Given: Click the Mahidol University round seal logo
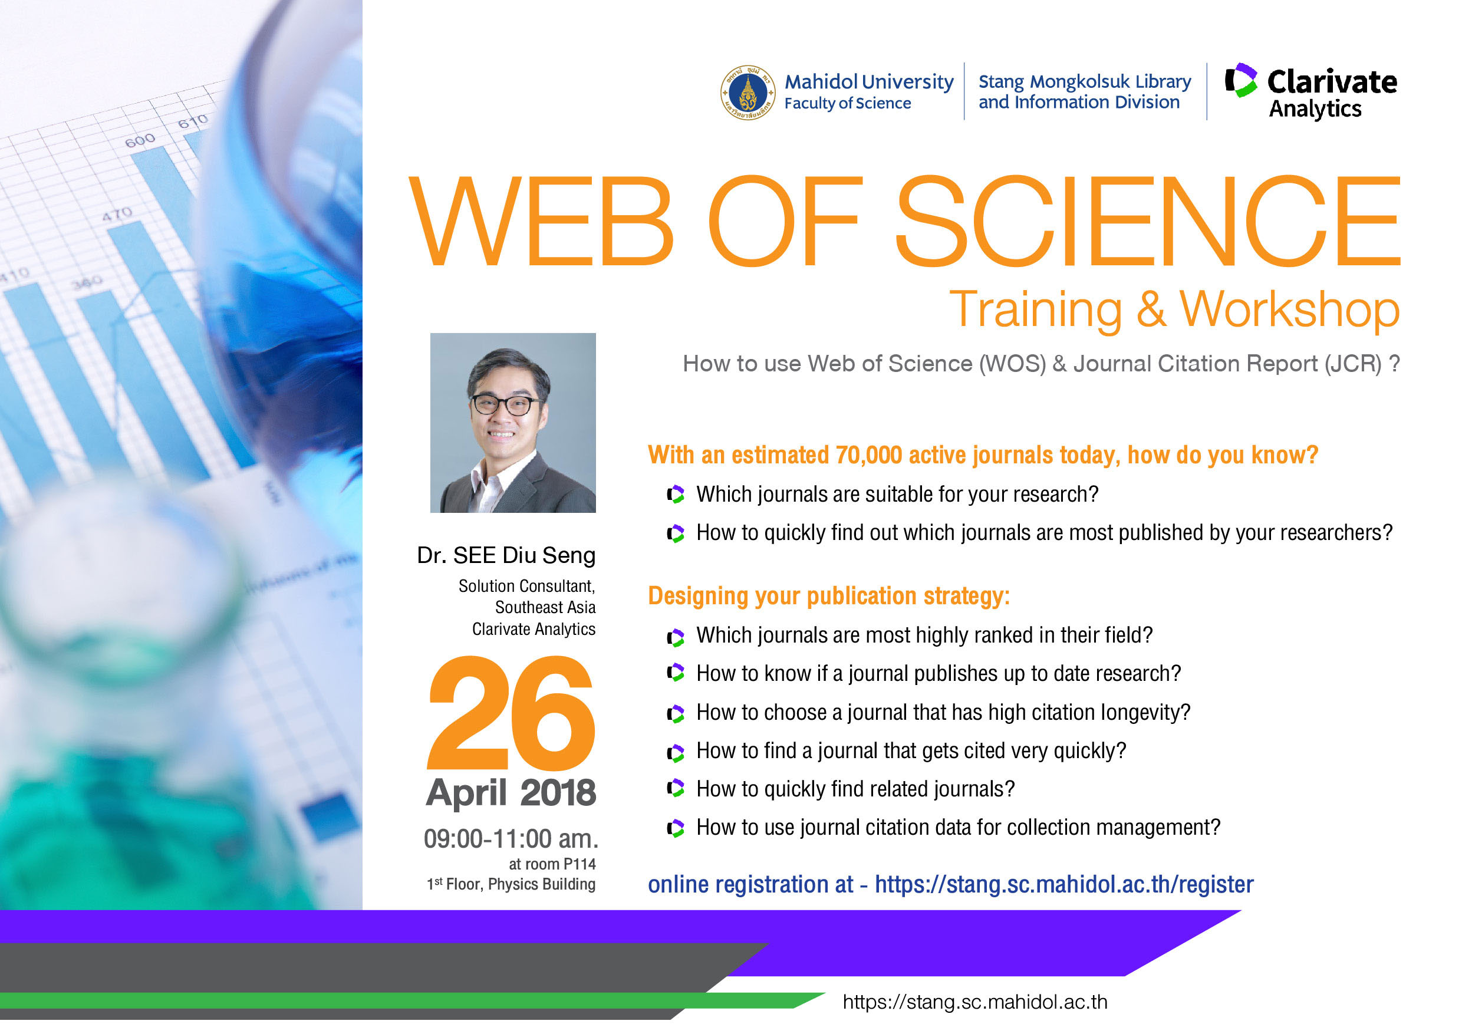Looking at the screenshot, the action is pyautogui.click(x=748, y=93).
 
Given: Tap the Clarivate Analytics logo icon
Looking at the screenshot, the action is pyautogui.click(x=1241, y=80).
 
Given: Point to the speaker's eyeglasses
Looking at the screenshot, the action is pyautogui.click(x=506, y=404).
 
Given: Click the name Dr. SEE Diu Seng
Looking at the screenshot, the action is pyautogui.click(x=506, y=556).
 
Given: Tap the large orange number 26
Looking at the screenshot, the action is pyautogui.click(x=511, y=713).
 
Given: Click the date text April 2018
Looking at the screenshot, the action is pyautogui.click(x=511, y=793).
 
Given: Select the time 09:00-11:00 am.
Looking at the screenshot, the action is pyautogui.click(x=511, y=839).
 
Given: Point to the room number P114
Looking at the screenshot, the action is pyautogui.click(x=579, y=864).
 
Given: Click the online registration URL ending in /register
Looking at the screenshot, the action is pyautogui.click(x=1064, y=885).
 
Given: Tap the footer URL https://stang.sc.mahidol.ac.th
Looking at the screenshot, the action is pyautogui.click(x=975, y=1002).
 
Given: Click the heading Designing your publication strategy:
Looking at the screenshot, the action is pyautogui.click(x=829, y=597).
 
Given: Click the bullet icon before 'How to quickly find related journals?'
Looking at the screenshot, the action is pyautogui.click(x=676, y=789).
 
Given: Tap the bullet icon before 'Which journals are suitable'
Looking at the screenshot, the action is pyautogui.click(x=676, y=494).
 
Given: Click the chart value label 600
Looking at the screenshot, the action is pyautogui.click(x=140, y=140).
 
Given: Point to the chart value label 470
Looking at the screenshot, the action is pyautogui.click(x=117, y=214).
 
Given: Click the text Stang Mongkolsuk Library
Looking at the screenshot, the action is pyautogui.click(x=1084, y=82).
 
